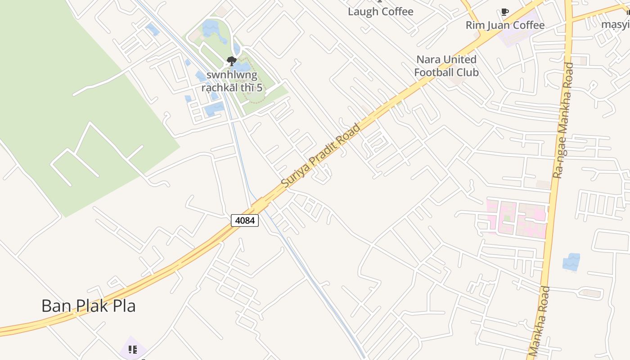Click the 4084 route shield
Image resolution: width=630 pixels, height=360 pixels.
coord(245,220)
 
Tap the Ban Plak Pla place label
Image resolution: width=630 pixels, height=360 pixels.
coord(89,306)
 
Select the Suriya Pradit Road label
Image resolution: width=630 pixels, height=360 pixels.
coord(321,156)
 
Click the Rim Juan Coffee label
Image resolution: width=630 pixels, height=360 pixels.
coord(505,25)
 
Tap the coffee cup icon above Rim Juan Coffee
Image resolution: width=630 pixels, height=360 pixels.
coord(505,12)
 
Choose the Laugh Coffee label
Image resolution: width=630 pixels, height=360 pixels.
coord(380,12)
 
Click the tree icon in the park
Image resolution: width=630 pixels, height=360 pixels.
coord(232,61)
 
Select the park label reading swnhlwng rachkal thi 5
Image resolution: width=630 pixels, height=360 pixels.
coord(232,81)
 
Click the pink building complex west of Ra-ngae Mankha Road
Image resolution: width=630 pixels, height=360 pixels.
coord(517,219)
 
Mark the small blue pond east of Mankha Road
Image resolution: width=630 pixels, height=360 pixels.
coord(571,262)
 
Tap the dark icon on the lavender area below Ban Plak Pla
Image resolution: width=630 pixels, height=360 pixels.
coord(133,350)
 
